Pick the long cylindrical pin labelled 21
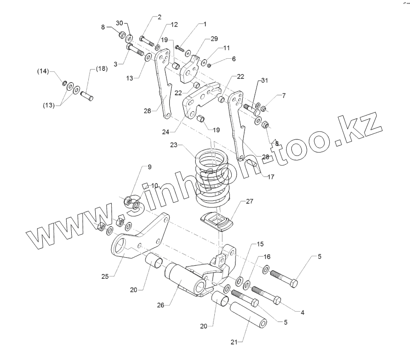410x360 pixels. (x=248, y=317)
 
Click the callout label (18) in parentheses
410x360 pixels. (x=101, y=69)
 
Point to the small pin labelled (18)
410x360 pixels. (x=88, y=95)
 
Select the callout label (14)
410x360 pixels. (x=43, y=71)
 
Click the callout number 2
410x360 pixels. (x=159, y=17)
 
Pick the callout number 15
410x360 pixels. (x=260, y=245)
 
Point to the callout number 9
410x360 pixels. (x=150, y=167)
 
